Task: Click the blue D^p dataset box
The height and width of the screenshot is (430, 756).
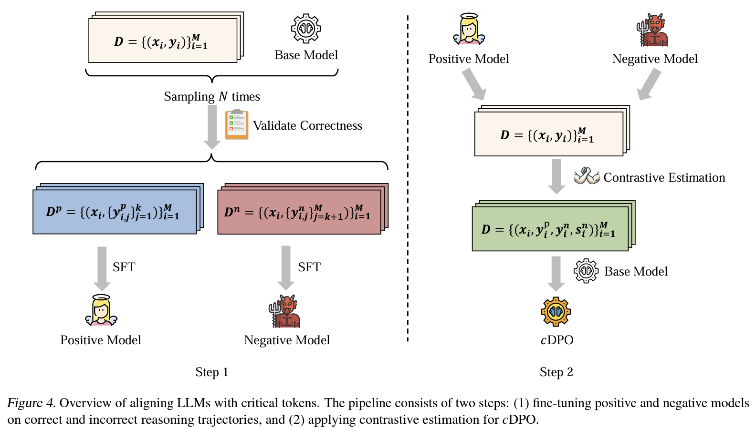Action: click(x=115, y=212)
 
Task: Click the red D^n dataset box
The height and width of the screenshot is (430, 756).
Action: click(x=299, y=212)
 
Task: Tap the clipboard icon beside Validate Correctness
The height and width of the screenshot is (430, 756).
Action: click(x=237, y=124)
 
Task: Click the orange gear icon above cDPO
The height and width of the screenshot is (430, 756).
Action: click(x=556, y=312)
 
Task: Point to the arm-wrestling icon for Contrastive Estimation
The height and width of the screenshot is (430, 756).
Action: click(x=587, y=176)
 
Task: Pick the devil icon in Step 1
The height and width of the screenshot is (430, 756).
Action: click(x=285, y=311)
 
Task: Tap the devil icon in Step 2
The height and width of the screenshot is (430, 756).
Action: click(x=652, y=30)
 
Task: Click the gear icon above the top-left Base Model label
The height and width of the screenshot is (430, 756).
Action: click(x=306, y=28)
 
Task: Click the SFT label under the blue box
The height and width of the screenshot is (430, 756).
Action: click(x=124, y=267)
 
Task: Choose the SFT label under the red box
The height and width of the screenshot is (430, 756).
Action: click(x=309, y=267)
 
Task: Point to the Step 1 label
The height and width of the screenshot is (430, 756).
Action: click(x=211, y=372)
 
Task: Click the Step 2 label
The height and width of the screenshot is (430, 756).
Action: click(x=556, y=372)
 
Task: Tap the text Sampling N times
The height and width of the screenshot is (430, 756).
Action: click(x=212, y=96)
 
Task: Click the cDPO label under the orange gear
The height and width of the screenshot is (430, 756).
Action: click(x=556, y=340)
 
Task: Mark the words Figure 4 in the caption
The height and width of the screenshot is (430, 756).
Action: click(x=31, y=403)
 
